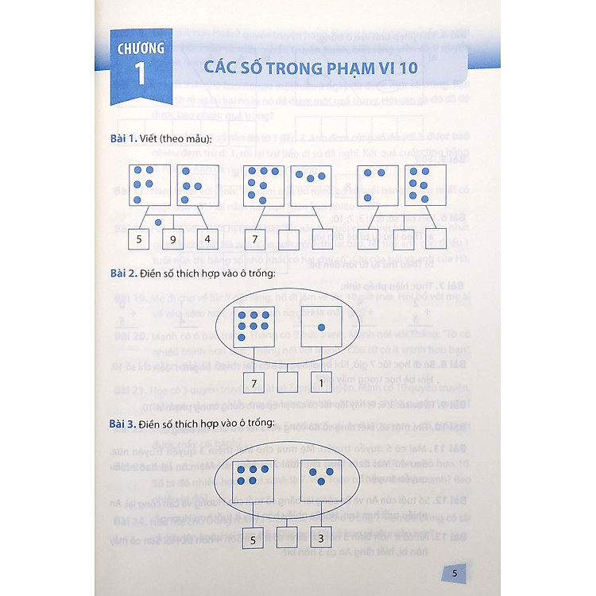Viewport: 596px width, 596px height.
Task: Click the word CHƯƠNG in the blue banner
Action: tap(141, 48)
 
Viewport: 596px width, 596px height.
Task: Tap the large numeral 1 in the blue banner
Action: tap(141, 75)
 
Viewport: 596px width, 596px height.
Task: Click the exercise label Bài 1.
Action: tap(124, 140)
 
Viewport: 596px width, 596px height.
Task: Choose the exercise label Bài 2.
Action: tap(124, 274)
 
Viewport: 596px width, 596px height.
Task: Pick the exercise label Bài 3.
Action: tap(124, 424)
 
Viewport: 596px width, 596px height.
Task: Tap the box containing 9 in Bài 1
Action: tap(174, 238)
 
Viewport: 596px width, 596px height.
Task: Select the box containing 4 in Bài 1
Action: tap(207, 238)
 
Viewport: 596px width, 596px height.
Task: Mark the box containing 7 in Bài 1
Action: tap(256, 238)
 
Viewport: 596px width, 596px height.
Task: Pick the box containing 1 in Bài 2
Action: tap(320, 384)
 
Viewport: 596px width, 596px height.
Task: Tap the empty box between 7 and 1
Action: tap(288, 384)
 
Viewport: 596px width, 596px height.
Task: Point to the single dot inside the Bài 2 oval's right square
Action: tap(321, 327)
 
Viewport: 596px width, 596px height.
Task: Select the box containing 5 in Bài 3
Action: tap(254, 539)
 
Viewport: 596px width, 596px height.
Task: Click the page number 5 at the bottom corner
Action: tap(454, 573)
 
